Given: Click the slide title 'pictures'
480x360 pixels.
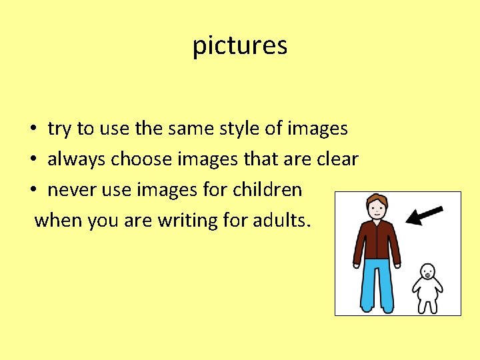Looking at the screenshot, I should (x=240, y=46).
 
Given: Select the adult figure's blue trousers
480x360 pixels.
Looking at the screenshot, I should (x=377, y=283).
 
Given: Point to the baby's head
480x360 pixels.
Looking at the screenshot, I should (x=427, y=272).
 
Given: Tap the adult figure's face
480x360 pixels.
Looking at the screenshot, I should (x=377, y=209).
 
